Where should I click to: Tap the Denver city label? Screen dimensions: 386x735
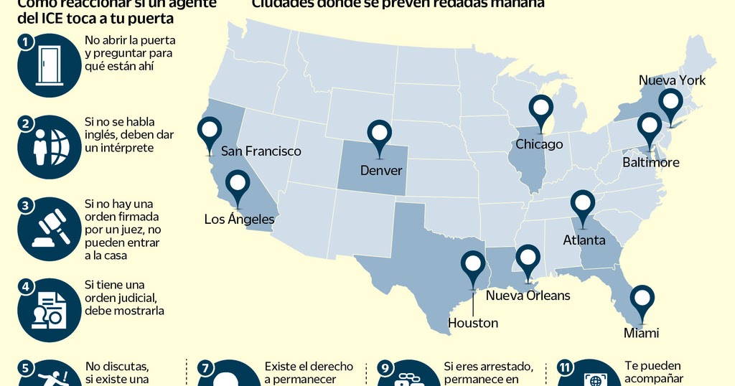pos(381,171)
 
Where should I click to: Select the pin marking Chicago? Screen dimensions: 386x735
pos(541,110)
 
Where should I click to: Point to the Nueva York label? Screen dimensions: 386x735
pos(672,80)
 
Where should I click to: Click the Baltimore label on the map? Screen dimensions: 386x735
pos(650,162)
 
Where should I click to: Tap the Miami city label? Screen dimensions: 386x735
pos(641,333)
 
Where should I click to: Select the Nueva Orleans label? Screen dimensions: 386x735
pos(528,295)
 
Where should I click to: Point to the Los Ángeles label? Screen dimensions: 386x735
pos(239,219)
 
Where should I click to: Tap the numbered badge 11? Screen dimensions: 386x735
pos(565,368)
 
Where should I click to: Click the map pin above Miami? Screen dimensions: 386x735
pos(641,299)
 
